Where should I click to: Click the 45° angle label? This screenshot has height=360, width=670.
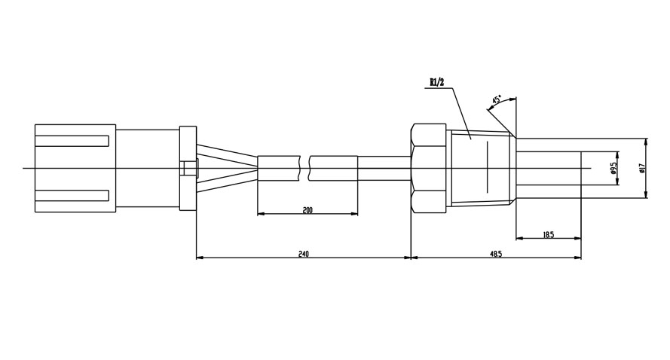coord(497,100)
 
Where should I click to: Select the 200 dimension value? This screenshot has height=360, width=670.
coord(307,210)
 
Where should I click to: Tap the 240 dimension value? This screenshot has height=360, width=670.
coord(303,255)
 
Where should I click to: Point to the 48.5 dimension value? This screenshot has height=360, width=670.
coord(496,255)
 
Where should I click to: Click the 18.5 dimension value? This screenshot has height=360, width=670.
coord(548,235)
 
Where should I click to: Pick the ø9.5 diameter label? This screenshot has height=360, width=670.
coord(614,168)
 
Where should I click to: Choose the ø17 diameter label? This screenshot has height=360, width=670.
coord(641,168)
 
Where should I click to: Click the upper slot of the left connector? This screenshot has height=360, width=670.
coord(72,141)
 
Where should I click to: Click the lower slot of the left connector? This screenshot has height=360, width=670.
coord(72,197)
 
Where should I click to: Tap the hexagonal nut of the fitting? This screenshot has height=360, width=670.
coord(428,168)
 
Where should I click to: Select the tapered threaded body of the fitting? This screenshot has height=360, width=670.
coord(479,168)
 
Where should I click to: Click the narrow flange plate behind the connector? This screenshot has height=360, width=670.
coord(188,168)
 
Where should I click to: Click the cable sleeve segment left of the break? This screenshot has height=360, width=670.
coord(279,168)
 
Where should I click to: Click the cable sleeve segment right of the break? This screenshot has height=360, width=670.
coord(333,168)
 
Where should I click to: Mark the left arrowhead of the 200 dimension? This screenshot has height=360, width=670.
coord(261,215)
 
